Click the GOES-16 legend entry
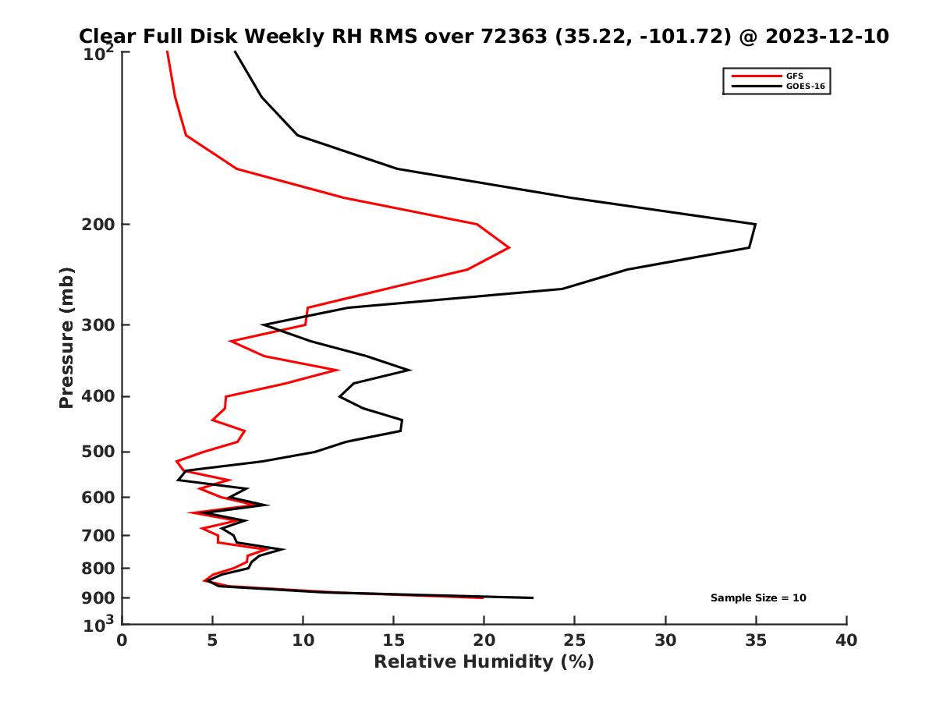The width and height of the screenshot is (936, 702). tap(803, 86)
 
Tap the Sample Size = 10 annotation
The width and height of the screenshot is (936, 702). tap(757, 598)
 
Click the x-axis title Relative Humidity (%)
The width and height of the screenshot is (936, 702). tap(484, 662)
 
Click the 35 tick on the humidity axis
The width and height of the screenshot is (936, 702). tap(756, 640)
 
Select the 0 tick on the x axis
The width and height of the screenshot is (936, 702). tap(122, 640)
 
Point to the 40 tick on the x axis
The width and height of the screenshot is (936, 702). tap(846, 640)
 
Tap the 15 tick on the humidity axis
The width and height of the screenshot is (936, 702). tap(394, 640)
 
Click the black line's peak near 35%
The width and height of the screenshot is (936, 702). tap(755, 225)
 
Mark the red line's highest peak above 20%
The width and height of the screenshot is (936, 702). tap(509, 247)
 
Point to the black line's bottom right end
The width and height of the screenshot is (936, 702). tap(533, 597)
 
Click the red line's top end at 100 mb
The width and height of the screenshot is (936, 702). tap(167, 52)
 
